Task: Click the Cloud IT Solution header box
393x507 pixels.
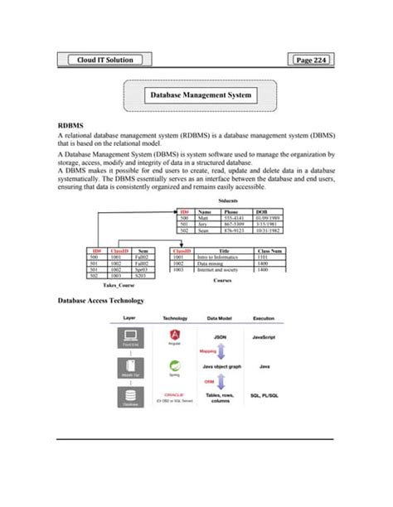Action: click(x=103, y=60)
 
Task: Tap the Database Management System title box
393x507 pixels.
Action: click(x=201, y=96)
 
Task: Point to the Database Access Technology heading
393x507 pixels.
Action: click(x=100, y=300)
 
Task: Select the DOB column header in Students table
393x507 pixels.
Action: click(x=261, y=212)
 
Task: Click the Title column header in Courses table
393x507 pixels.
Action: click(x=223, y=249)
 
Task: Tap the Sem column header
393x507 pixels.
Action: click(x=143, y=249)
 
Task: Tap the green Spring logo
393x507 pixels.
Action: click(x=175, y=365)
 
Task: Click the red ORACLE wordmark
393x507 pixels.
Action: click(x=174, y=395)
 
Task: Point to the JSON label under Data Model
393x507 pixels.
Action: click(x=221, y=338)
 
